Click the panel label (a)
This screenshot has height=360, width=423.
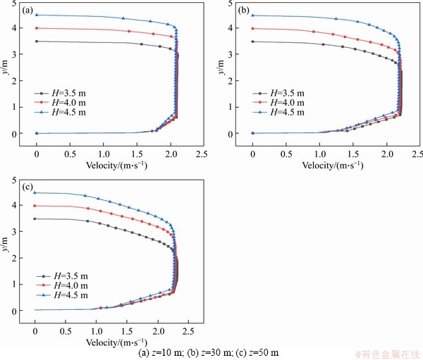tap(27, 11)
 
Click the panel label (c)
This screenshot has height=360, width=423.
tap(27, 187)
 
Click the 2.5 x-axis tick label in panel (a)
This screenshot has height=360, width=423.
tap(203, 152)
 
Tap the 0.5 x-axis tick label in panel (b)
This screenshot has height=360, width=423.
tap(286, 152)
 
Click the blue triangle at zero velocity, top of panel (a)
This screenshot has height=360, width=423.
tap(37, 15)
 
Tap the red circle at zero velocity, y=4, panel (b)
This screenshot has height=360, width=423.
tap(253, 28)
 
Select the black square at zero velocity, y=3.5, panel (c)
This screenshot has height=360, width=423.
tap(35, 219)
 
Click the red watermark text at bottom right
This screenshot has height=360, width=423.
tap(387, 352)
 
